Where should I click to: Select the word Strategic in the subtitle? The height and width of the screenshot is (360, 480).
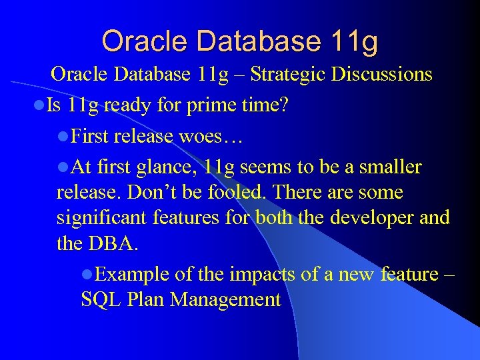pos(291,74)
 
